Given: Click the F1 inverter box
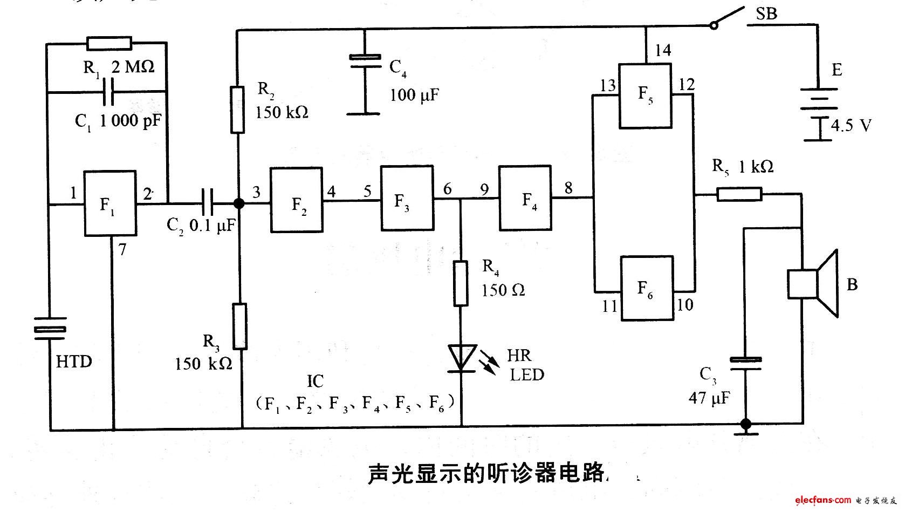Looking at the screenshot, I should (x=110, y=203).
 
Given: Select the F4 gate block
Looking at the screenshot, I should (x=525, y=199).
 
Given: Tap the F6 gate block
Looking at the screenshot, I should (x=647, y=288).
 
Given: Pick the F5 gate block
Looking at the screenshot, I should (x=645, y=96).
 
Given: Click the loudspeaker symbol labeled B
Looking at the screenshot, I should (x=813, y=283).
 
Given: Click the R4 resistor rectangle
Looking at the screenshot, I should (x=460, y=283).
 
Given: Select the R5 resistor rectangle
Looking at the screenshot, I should (x=739, y=194).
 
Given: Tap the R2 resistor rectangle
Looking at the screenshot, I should (x=237, y=109).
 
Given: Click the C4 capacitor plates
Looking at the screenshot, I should (x=365, y=61).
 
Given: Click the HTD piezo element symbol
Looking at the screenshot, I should (x=50, y=329).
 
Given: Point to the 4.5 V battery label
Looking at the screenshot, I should (x=851, y=126).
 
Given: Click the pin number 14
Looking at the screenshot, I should (x=663, y=50).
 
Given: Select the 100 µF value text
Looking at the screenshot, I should (x=414, y=96).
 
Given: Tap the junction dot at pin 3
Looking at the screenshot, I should (x=237, y=203).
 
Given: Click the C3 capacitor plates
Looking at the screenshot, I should (x=746, y=364).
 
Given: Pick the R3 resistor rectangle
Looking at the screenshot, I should (x=239, y=326).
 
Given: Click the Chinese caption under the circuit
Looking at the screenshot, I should (x=488, y=473).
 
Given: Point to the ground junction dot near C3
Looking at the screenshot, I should (x=746, y=424).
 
